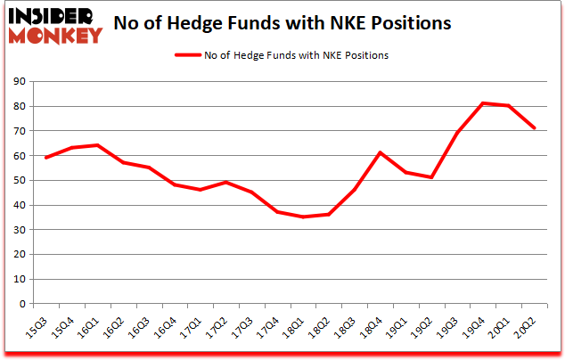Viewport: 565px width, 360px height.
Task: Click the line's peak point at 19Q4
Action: pos(482,103)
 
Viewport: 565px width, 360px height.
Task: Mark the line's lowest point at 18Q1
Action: pos(302,217)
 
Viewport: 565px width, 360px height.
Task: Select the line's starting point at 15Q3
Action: pos(45,158)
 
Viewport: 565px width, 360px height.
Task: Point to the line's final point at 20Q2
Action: pos(533,128)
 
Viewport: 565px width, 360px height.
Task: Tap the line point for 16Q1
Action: pos(97,145)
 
